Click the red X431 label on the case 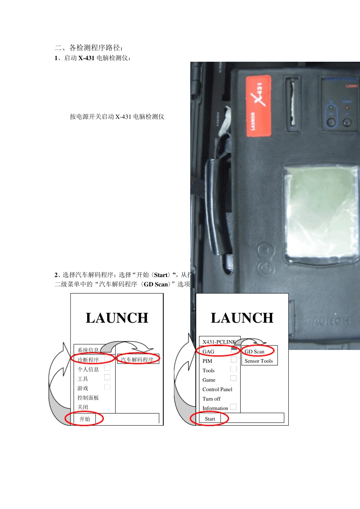(x=258, y=106)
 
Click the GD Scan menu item (x=255, y=351)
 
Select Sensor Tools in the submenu (x=258, y=361)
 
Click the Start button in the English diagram (x=210, y=418)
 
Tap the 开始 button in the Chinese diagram (x=85, y=419)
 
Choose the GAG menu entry (x=208, y=351)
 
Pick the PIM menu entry (x=207, y=361)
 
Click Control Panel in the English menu (x=217, y=389)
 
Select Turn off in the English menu (x=211, y=399)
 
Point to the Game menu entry (x=209, y=380)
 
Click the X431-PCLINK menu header (x=219, y=342)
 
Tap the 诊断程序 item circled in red (x=88, y=360)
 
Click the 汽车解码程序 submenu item (x=137, y=360)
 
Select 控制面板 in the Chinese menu (x=88, y=398)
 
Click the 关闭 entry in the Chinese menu (x=83, y=407)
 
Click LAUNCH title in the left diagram (x=117, y=318)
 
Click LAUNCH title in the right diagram (x=242, y=318)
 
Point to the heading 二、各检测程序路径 (x=89, y=48)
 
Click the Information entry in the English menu (x=215, y=408)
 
